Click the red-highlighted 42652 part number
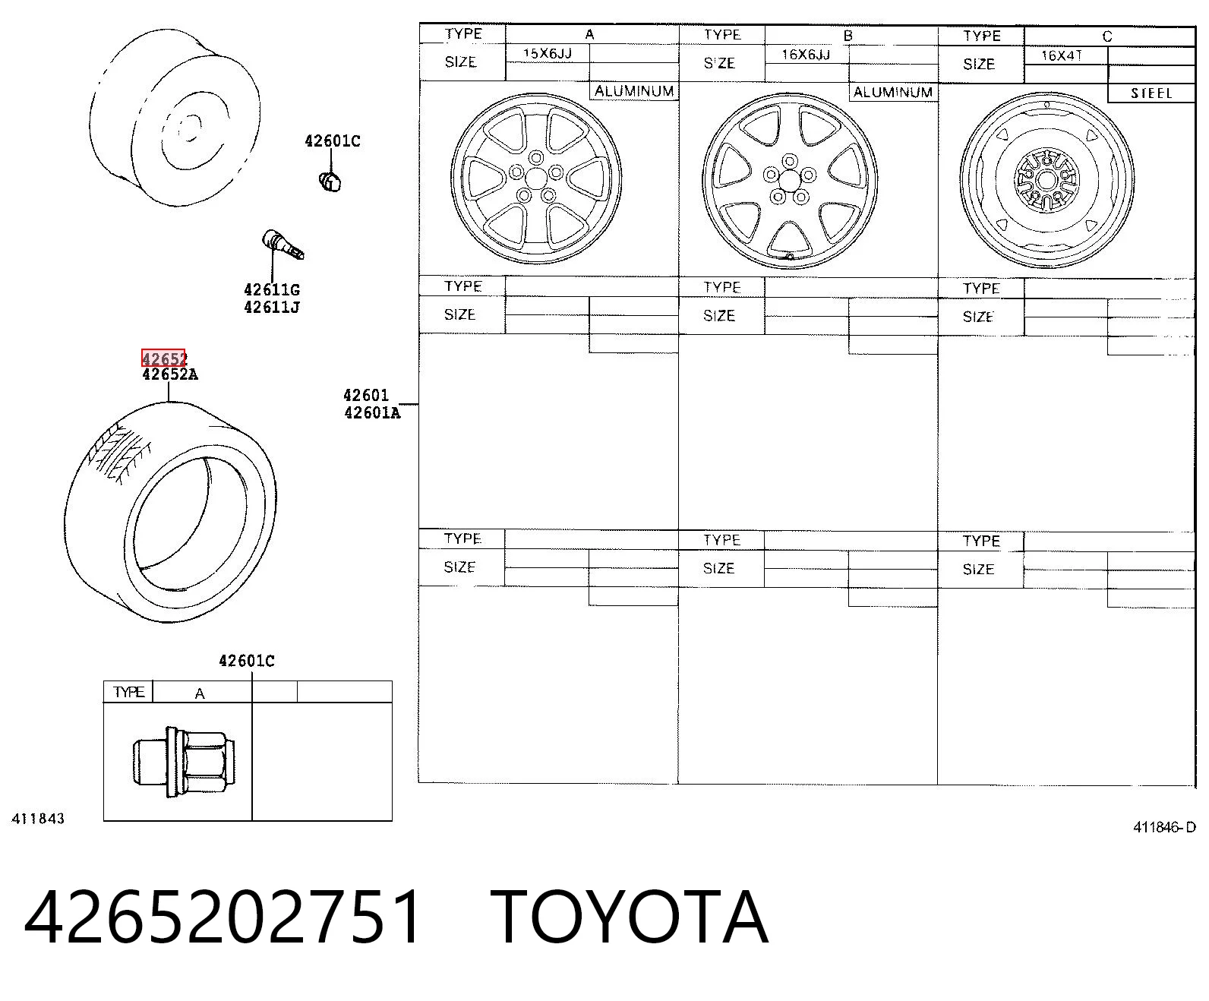pyautogui.click(x=164, y=358)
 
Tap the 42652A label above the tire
pyautogui.click(x=170, y=374)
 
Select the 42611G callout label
pyautogui.click(x=272, y=289)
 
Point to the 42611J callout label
pyautogui.click(x=272, y=307)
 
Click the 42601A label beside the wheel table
pyautogui.click(x=372, y=412)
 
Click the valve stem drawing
pyautogui.click(x=283, y=245)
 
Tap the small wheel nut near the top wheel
pyautogui.click(x=330, y=182)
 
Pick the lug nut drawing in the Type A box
pyautogui.click(x=184, y=762)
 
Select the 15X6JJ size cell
pyautogui.click(x=548, y=53)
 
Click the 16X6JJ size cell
pyautogui.click(x=806, y=55)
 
